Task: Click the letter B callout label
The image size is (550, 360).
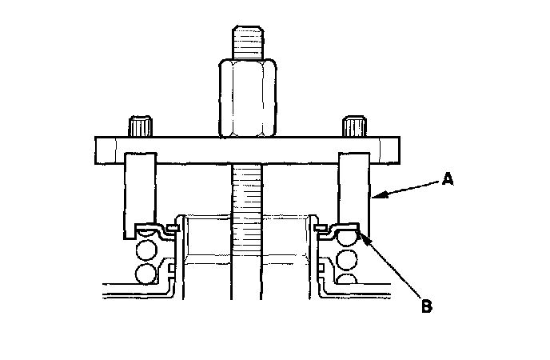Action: pyautogui.click(x=426, y=304)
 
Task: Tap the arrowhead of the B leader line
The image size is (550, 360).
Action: pyautogui.click(x=362, y=233)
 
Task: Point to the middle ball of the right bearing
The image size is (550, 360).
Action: pyautogui.click(x=348, y=259)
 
